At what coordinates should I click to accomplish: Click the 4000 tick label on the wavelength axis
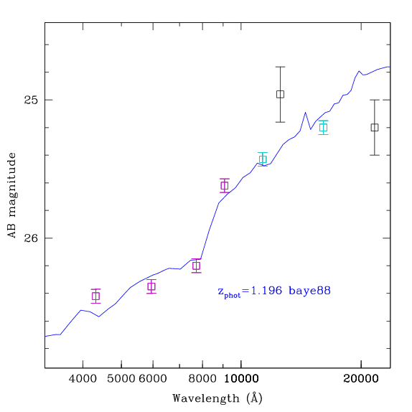[83, 379]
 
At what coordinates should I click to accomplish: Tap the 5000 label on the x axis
[121, 379]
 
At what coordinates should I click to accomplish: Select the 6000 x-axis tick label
[153, 379]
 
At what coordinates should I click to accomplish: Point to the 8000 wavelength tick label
[202, 379]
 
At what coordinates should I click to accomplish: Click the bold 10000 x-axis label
[241, 379]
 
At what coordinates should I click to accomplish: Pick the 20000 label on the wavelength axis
[361, 379]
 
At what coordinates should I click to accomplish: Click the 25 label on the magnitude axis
[31, 100]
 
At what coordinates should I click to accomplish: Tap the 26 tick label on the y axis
[31, 238]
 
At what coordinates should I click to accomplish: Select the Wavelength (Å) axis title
[217, 398]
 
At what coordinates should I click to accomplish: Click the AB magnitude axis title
[11, 195]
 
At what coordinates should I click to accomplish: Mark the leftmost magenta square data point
[96, 296]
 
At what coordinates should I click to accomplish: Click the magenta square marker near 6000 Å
[151, 286]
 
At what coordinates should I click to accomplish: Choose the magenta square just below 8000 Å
[196, 266]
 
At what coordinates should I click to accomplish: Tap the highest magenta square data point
[225, 185]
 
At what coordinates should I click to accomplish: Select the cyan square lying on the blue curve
[263, 159]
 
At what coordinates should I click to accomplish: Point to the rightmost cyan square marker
[324, 128]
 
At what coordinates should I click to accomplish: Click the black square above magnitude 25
[281, 94]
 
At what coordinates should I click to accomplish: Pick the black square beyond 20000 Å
[375, 128]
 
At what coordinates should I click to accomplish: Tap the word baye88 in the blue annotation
[310, 291]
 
